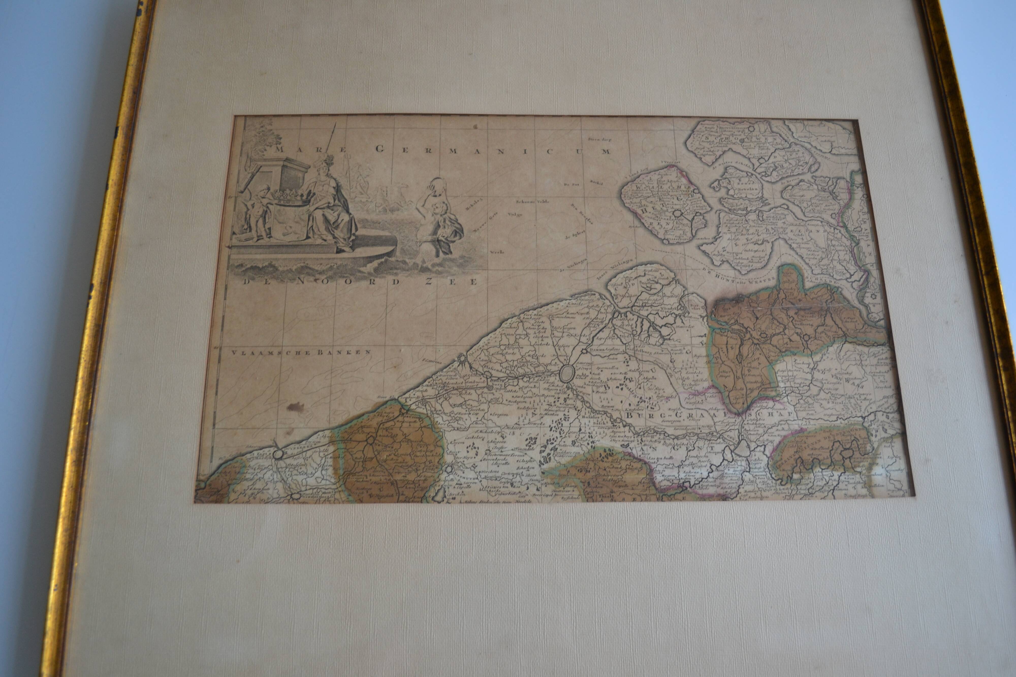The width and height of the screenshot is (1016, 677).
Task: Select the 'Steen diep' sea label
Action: pos(600,139)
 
